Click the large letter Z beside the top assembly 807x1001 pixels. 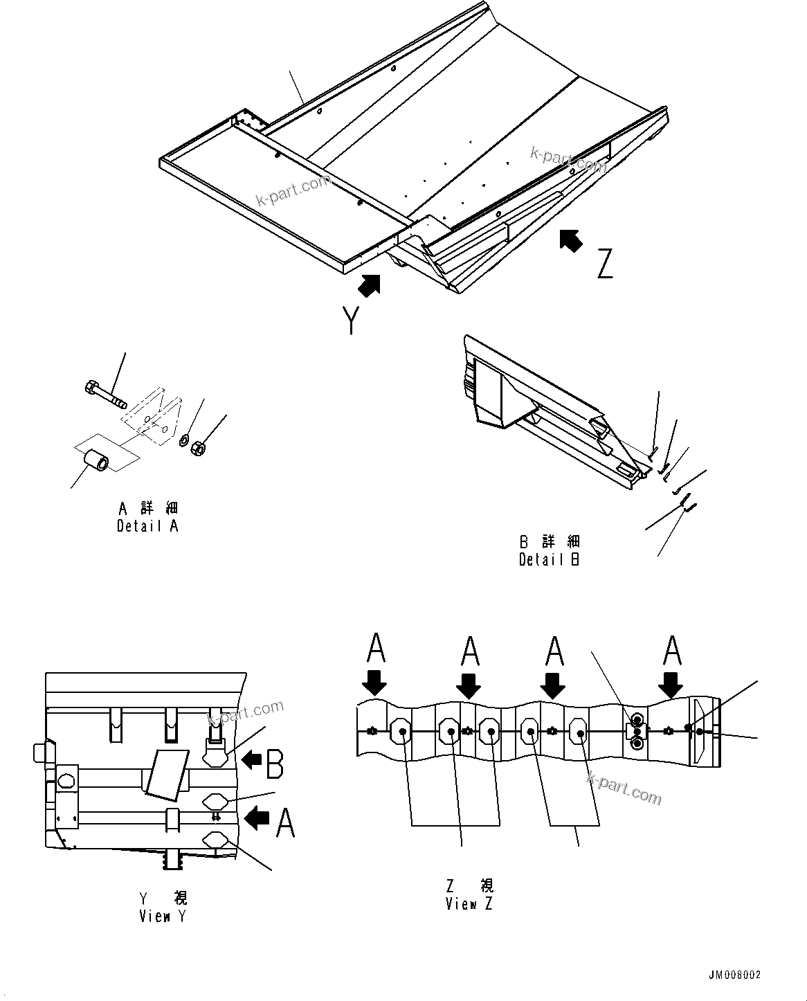pyautogui.click(x=605, y=264)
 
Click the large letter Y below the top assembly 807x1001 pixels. pyautogui.click(x=352, y=320)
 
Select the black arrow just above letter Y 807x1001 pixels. pyautogui.click(x=370, y=285)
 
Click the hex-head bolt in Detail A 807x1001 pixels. pyautogui.click(x=104, y=393)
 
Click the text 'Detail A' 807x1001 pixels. pyautogui.click(x=147, y=526)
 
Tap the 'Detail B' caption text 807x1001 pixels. pyautogui.click(x=550, y=560)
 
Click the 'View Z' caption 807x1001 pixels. pyautogui.click(x=469, y=904)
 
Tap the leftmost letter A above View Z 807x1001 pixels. pyautogui.click(x=376, y=649)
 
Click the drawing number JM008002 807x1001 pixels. pyautogui.click(x=734, y=975)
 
